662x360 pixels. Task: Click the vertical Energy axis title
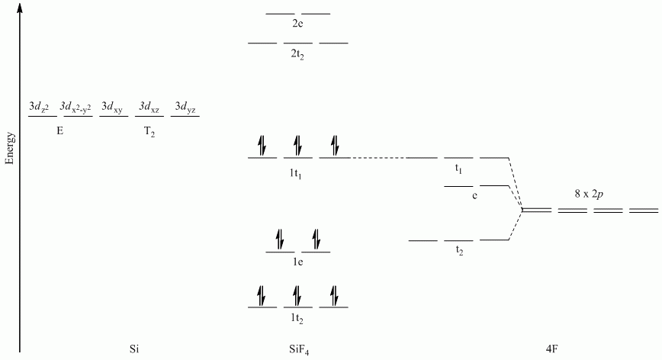(x=10, y=149)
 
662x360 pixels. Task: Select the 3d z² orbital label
(x=39, y=108)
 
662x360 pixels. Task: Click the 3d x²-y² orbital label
(x=76, y=108)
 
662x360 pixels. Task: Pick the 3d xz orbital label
(x=148, y=108)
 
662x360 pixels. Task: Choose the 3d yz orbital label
(x=185, y=108)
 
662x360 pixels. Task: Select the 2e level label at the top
(x=298, y=24)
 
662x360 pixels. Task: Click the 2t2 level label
(x=298, y=55)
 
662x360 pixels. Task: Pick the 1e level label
(x=298, y=263)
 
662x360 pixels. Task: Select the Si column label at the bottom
(x=134, y=349)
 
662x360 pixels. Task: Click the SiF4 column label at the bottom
(x=298, y=349)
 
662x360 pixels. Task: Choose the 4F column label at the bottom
(x=553, y=349)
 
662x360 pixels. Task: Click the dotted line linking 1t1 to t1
(x=378, y=158)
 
